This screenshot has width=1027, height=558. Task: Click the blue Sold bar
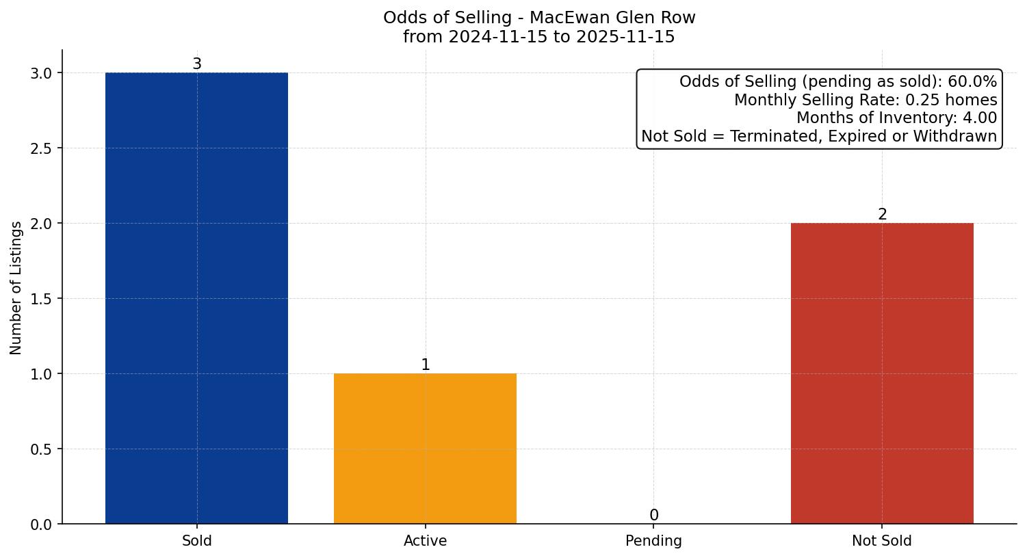point(196,298)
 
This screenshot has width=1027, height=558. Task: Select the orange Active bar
point(425,449)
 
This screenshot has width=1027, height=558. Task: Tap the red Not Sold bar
point(882,373)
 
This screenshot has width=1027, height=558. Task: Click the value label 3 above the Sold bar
point(197,64)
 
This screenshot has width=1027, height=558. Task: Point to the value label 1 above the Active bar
point(426,365)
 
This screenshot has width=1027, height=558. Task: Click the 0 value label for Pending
point(653,516)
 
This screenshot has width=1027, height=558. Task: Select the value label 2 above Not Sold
point(882,215)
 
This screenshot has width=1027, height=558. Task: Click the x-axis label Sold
point(197,541)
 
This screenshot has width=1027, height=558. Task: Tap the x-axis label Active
point(425,541)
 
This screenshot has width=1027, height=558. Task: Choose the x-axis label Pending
point(653,541)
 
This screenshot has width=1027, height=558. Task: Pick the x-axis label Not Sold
point(881,541)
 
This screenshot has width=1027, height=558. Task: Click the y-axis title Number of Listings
point(16,287)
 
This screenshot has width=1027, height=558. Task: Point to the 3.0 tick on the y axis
point(42,73)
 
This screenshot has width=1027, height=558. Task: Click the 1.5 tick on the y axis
point(42,299)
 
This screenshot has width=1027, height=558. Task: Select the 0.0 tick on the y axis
point(42,524)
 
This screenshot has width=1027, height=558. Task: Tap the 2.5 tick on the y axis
point(42,148)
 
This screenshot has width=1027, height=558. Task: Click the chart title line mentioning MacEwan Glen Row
point(539,18)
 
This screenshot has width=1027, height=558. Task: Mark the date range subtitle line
point(539,37)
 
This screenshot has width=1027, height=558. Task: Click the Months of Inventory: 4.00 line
point(896,118)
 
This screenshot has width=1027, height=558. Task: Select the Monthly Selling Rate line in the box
point(866,100)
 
